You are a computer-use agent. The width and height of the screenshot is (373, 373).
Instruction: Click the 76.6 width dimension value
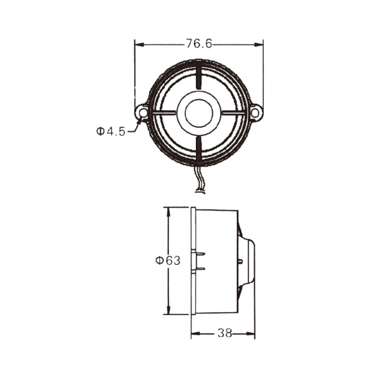[x=199, y=44]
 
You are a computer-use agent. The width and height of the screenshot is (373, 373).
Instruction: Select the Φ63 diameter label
[x=168, y=260]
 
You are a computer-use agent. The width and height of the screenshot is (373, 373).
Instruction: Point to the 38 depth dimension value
[x=224, y=334]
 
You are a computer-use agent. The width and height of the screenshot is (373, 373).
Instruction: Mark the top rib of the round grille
[x=199, y=78]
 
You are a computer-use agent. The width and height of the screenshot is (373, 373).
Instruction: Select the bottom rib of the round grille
[x=199, y=148]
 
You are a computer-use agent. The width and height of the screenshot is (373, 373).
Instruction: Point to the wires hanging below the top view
[x=200, y=180]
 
